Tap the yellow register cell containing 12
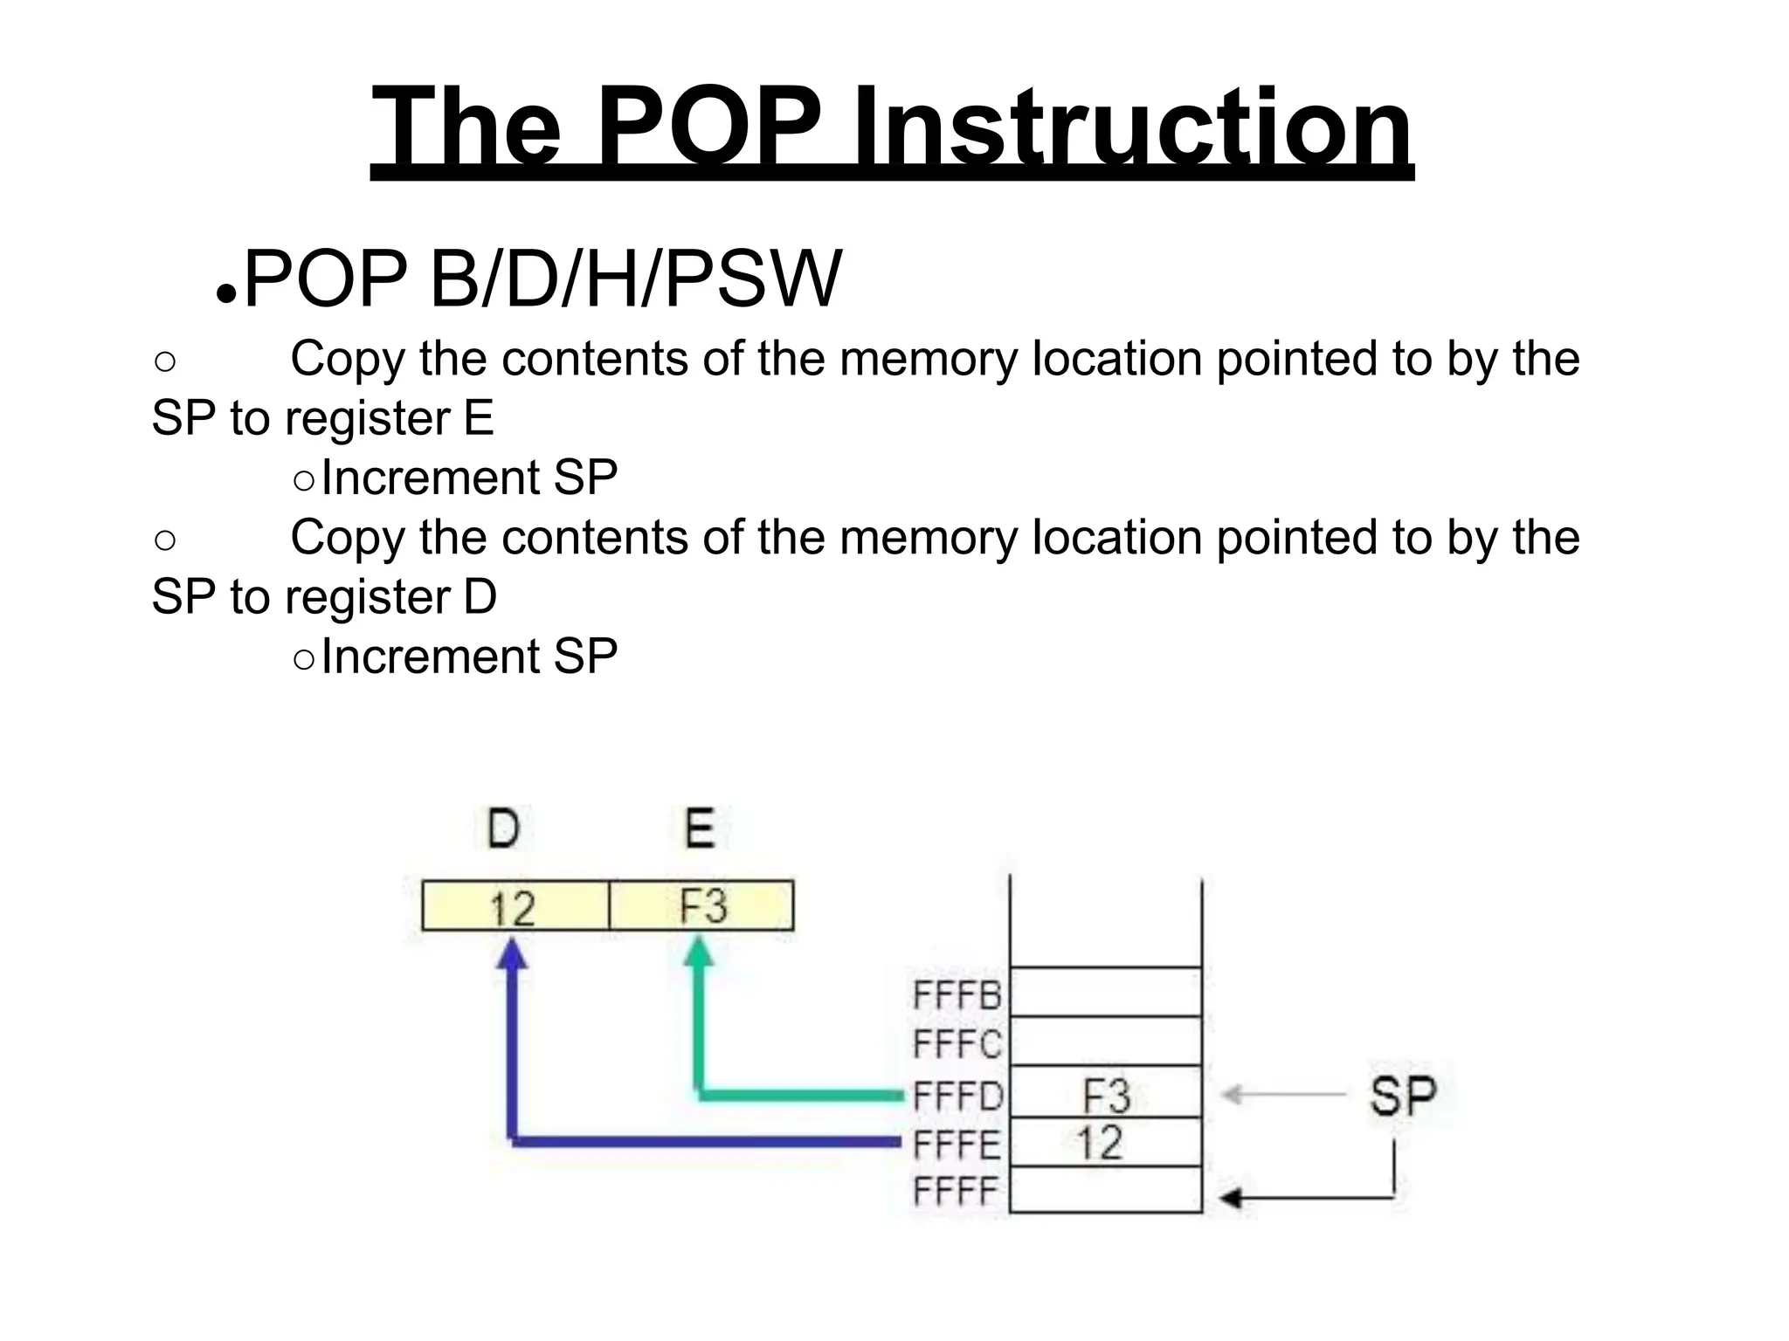coord(515,906)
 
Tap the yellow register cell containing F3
coord(701,906)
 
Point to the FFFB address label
coord(957,994)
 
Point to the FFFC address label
coord(957,1043)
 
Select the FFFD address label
coord(958,1096)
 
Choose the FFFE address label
coord(957,1145)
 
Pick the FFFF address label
coord(956,1191)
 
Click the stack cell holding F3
coord(1106,1093)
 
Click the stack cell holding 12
coord(1106,1142)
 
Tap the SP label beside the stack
coord(1402,1096)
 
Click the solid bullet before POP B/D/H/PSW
coord(225,295)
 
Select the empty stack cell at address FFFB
coord(1106,992)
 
